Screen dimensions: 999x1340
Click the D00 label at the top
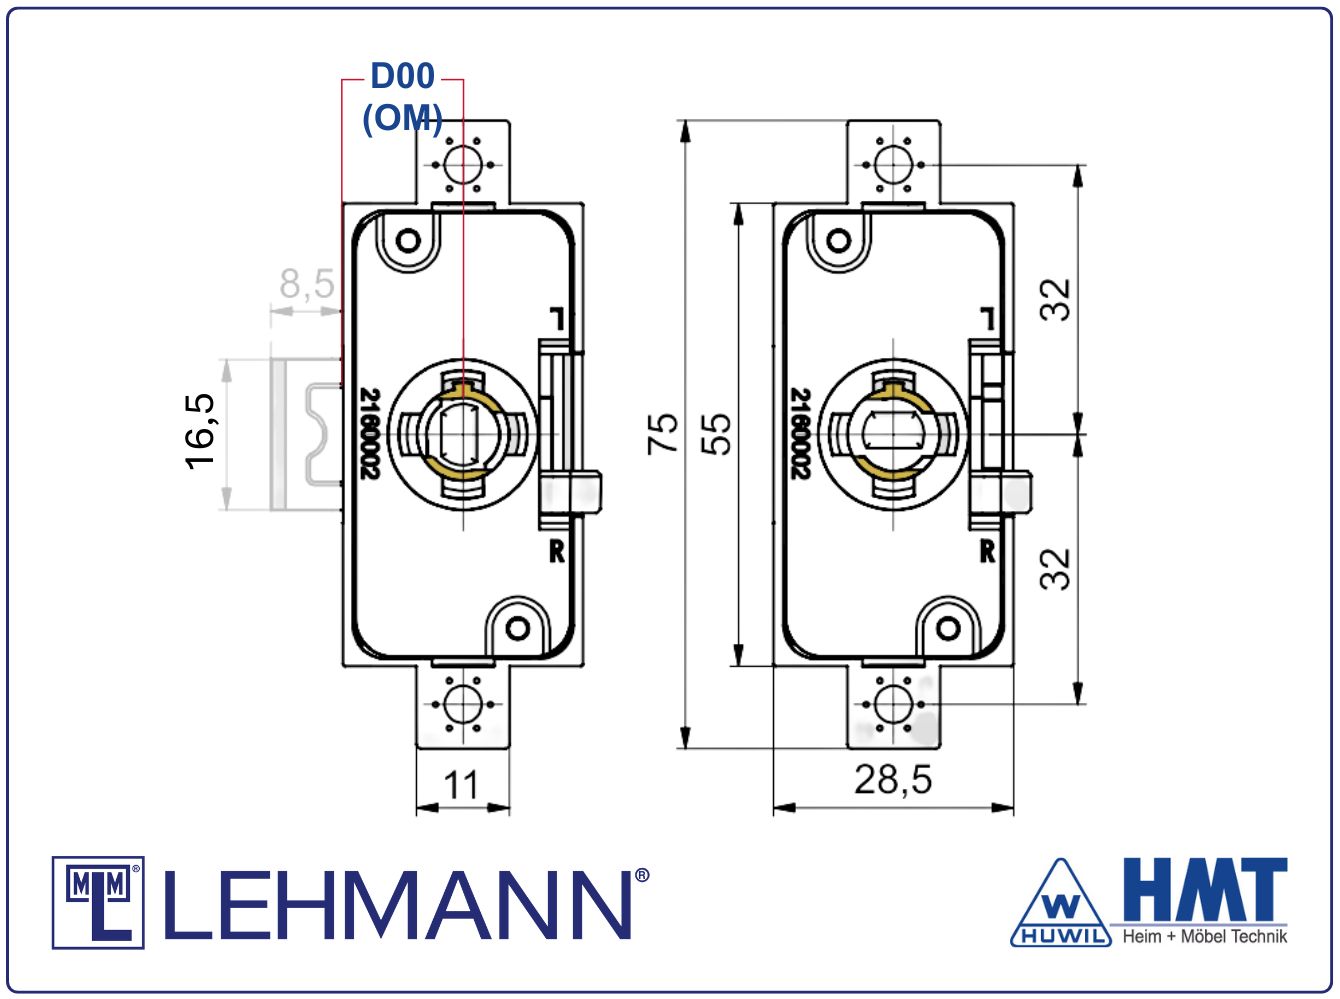coord(402,77)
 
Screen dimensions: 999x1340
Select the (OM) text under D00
coord(402,118)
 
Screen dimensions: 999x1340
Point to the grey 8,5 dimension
coord(306,284)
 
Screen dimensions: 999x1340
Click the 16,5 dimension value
coord(201,430)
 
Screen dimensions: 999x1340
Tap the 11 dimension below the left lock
coord(462,786)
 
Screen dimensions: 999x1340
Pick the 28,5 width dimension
coord(892,780)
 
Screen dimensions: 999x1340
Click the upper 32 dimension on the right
coord(1055,299)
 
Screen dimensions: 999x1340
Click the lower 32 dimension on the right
coord(1055,569)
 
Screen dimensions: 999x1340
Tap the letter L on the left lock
coord(556,319)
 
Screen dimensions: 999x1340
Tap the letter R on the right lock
coord(987,550)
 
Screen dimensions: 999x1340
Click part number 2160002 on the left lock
coord(369,433)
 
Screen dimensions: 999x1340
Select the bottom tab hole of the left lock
coord(462,703)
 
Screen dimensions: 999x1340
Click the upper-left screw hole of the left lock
coord(408,240)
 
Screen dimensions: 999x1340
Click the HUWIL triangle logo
coord(1061,905)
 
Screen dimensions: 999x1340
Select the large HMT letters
coord(1205,889)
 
